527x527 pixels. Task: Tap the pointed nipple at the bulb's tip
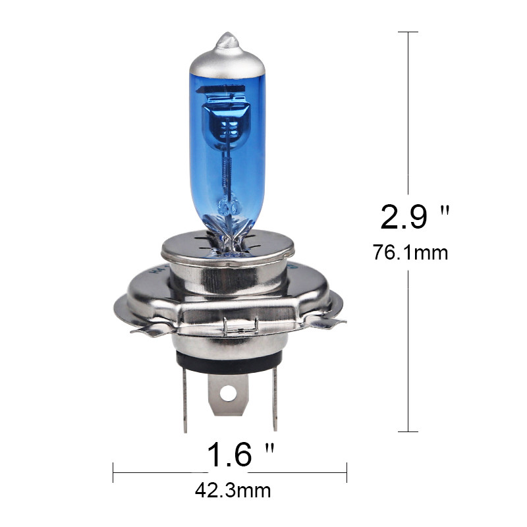(x=227, y=38)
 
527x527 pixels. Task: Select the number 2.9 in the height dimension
(x=404, y=217)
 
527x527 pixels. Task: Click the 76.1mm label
(x=410, y=252)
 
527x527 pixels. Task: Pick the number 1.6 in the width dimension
(x=230, y=455)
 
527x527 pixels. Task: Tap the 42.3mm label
(x=233, y=491)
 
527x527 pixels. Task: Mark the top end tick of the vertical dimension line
(x=408, y=32)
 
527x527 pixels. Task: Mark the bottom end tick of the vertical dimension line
(x=408, y=432)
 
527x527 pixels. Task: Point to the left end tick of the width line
(x=113, y=472)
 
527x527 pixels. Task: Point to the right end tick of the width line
(x=347, y=472)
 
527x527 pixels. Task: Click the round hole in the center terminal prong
(x=228, y=393)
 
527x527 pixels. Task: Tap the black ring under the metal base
(x=227, y=360)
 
